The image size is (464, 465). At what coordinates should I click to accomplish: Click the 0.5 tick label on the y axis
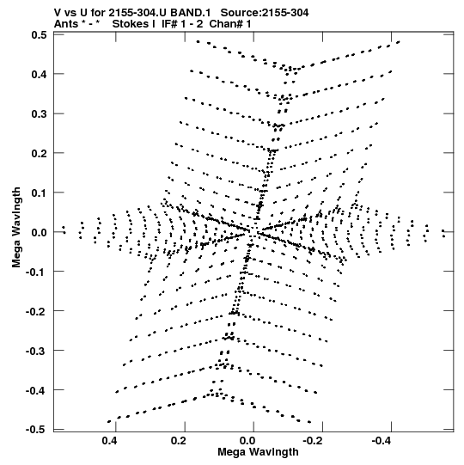click(40, 35)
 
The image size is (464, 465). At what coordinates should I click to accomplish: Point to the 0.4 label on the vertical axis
click(40, 74)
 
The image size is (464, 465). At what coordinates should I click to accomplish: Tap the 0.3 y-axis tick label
click(40, 113)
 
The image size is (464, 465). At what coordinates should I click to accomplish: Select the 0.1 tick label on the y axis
click(40, 193)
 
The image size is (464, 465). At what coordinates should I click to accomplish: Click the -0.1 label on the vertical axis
click(36, 272)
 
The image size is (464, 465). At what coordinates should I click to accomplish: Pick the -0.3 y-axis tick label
click(36, 351)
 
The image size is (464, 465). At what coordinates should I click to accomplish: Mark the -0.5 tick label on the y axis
click(36, 430)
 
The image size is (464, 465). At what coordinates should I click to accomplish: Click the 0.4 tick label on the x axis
click(110, 441)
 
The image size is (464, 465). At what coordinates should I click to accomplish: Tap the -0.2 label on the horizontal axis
click(314, 441)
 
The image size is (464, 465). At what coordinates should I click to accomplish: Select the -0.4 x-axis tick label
click(382, 441)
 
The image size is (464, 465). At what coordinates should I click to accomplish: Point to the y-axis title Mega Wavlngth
click(16, 228)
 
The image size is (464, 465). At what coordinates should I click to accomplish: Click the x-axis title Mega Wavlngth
click(258, 452)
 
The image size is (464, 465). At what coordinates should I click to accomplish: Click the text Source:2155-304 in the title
click(265, 13)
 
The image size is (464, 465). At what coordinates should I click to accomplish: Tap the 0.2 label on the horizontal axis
click(179, 441)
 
